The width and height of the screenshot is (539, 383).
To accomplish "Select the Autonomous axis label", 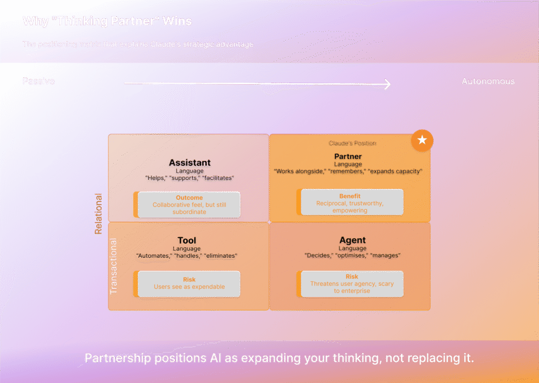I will pos(488,81).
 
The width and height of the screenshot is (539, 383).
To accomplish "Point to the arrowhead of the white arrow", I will pos(387,84).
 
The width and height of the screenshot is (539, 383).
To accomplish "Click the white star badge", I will pos(422,140).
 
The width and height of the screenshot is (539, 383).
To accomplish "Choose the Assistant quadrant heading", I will pos(189,163).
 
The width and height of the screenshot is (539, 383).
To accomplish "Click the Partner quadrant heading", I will pos(348,157).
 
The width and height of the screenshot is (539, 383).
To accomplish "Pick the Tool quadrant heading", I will pos(187,241).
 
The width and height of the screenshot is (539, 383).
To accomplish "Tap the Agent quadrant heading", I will pos(352,241).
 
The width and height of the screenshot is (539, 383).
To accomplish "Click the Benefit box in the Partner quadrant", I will pos(352,203).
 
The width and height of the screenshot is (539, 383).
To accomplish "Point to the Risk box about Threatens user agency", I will pos(352,284).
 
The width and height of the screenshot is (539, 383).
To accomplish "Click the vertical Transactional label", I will pos(114,266).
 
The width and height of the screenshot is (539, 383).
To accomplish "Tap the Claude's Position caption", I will pos(352,143).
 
